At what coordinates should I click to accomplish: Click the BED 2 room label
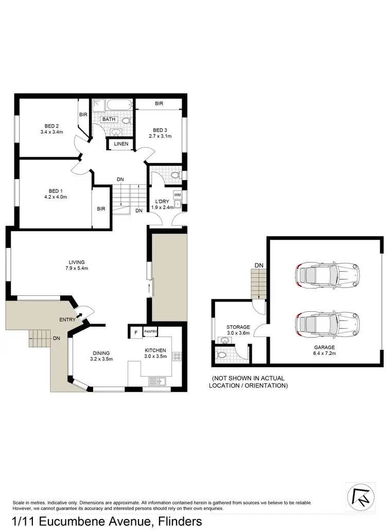coord(51,126)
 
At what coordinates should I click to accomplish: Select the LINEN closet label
coord(121,144)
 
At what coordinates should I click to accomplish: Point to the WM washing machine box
coord(178,194)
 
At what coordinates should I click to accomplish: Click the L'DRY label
coord(159,201)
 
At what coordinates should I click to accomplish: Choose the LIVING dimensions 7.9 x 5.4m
coord(75,269)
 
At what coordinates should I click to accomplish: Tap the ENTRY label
coord(67,320)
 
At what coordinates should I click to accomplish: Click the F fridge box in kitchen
coord(136,332)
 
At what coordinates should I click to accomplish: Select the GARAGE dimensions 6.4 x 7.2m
coord(325,354)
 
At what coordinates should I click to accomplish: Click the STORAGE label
coord(238,327)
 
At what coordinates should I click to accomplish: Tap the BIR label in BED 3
coord(159,104)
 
